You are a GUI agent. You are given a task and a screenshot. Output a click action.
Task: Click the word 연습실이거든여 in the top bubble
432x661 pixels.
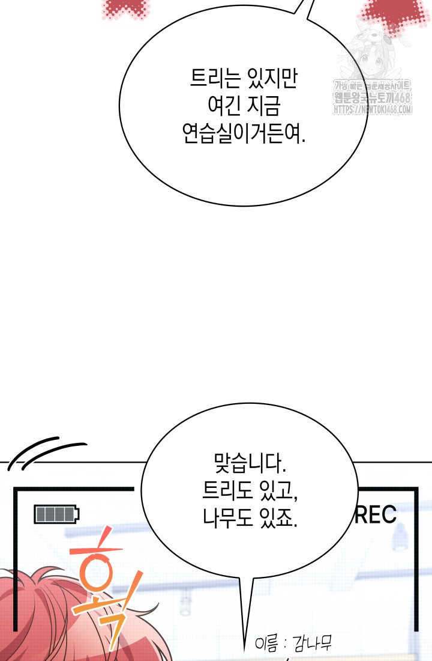[x=242, y=134]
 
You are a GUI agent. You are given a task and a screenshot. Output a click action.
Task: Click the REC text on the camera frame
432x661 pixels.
[x=376, y=515]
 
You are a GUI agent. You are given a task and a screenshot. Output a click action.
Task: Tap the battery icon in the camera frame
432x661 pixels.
[x=57, y=514]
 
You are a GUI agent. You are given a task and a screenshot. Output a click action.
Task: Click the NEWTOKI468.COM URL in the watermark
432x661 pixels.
[x=373, y=110]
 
